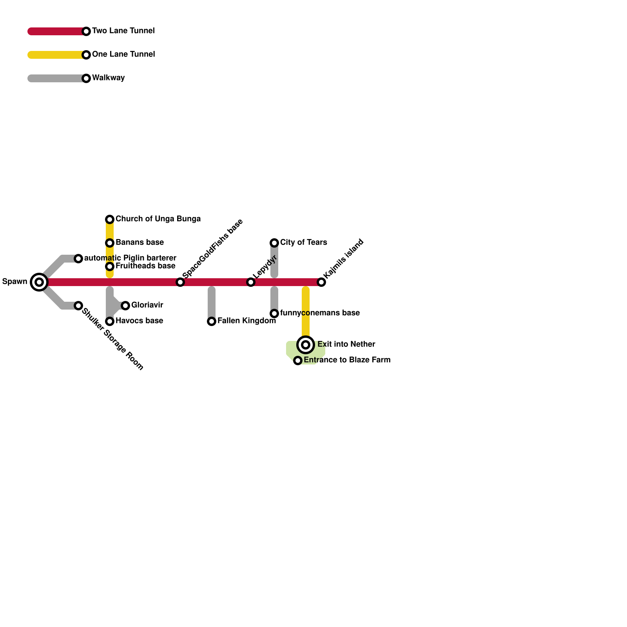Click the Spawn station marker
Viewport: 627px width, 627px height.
tap(39, 282)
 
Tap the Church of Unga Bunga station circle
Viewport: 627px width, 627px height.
tap(110, 219)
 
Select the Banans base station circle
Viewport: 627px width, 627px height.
tap(110, 243)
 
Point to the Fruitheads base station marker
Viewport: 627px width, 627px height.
tap(110, 266)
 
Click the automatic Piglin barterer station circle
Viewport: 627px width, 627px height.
tap(78, 259)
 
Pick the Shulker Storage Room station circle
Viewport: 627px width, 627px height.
tap(78, 306)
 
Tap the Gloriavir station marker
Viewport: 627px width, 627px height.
tap(125, 306)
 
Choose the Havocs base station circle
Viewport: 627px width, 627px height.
tap(110, 321)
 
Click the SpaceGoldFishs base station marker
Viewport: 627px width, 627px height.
tap(180, 282)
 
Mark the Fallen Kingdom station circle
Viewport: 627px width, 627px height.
tap(212, 321)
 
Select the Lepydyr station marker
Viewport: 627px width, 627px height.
tap(251, 282)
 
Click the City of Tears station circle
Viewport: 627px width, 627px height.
tap(274, 243)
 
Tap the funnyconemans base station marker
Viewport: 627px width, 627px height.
tap(274, 313)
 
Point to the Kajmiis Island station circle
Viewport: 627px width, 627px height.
tap(321, 282)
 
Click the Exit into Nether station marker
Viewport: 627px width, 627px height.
tap(306, 345)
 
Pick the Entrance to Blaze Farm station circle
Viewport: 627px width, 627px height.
tap(298, 361)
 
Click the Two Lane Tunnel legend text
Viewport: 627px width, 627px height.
tap(123, 31)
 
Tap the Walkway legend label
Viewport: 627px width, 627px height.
tap(108, 78)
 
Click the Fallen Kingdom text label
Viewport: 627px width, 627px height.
tap(246, 321)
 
